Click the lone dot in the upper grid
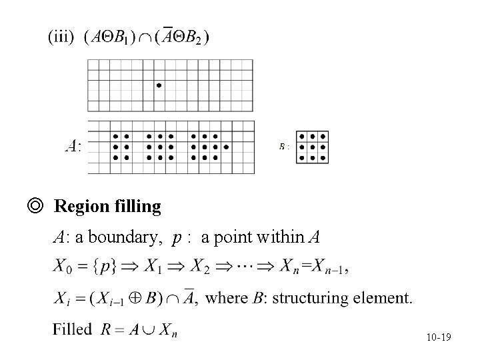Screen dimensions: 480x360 [159, 85]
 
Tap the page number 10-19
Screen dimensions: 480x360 [438, 338]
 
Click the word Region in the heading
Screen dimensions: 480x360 [79, 207]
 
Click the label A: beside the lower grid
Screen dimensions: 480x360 [73, 145]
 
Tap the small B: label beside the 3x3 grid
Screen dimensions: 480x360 [284, 146]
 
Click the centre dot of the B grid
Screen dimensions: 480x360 [312, 147]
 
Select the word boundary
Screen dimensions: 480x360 [126, 237]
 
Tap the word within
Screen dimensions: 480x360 [282, 237]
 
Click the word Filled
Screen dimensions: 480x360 [73, 329]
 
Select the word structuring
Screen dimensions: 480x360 [319, 297]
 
